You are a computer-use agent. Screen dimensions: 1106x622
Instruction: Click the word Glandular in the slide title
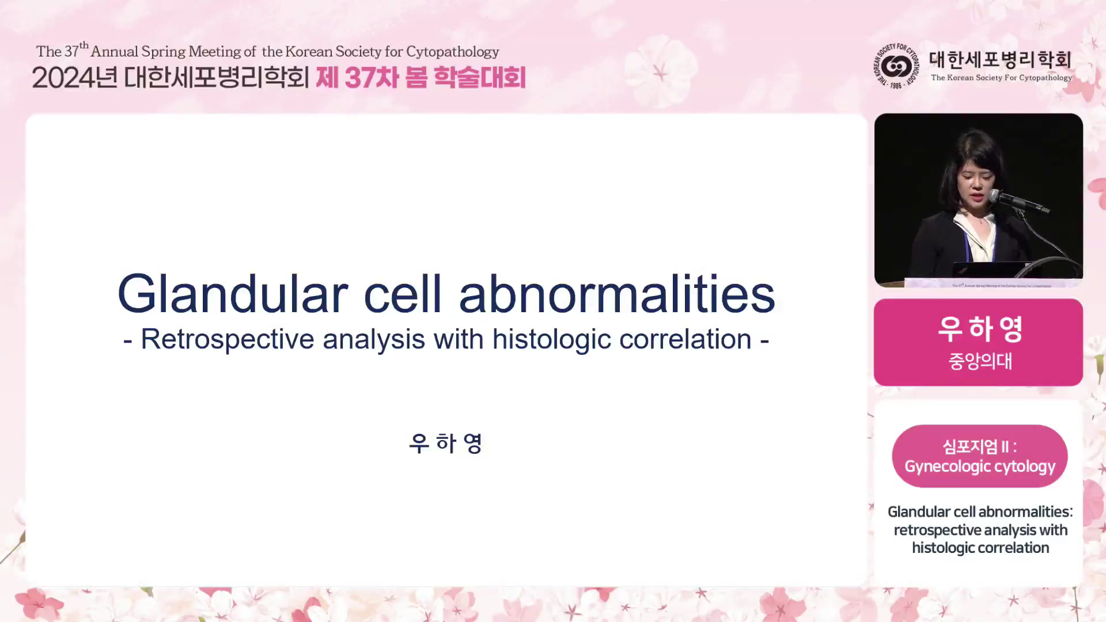(x=233, y=294)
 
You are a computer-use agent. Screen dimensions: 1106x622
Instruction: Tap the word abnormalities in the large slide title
(x=617, y=294)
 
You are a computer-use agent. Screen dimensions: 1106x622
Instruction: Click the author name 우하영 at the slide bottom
(x=446, y=443)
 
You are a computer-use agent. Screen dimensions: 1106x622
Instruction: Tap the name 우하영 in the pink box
(x=980, y=329)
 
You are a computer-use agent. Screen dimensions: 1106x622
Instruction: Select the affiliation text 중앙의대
(x=980, y=361)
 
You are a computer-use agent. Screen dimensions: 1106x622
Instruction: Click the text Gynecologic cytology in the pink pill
(x=980, y=466)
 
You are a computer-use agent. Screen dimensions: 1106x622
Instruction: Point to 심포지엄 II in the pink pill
(x=976, y=446)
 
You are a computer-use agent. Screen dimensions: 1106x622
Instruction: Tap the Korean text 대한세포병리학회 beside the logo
(x=1001, y=59)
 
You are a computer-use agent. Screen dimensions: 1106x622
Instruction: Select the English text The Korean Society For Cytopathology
(x=1001, y=78)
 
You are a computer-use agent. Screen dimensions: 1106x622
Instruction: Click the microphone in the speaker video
(x=1019, y=202)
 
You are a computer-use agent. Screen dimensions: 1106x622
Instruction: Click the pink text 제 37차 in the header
(x=358, y=78)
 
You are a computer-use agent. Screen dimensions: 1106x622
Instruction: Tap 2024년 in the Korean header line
(x=75, y=78)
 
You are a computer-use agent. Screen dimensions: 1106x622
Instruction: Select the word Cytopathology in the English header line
(x=453, y=52)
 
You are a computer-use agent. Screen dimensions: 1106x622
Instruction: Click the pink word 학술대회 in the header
(x=479, y=78)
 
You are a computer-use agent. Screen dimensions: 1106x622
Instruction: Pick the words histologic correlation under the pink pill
(x=980, y=548)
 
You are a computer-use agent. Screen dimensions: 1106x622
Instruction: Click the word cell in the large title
(x=403, y=294)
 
